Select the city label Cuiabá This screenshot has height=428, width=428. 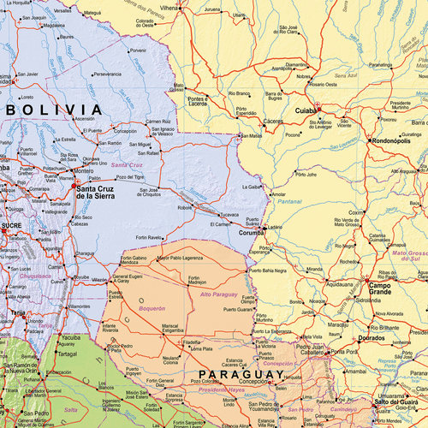pyautogui.click(x=306, y=111)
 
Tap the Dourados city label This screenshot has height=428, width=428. pyautogui.click(x=372, y=338)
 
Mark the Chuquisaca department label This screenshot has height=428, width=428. pyautogui.click(x=34, y=276)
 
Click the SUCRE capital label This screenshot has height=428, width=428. pyautogui.click(x=11, y=225)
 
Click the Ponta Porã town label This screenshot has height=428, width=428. pyautogui.click(x=345, y=352)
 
